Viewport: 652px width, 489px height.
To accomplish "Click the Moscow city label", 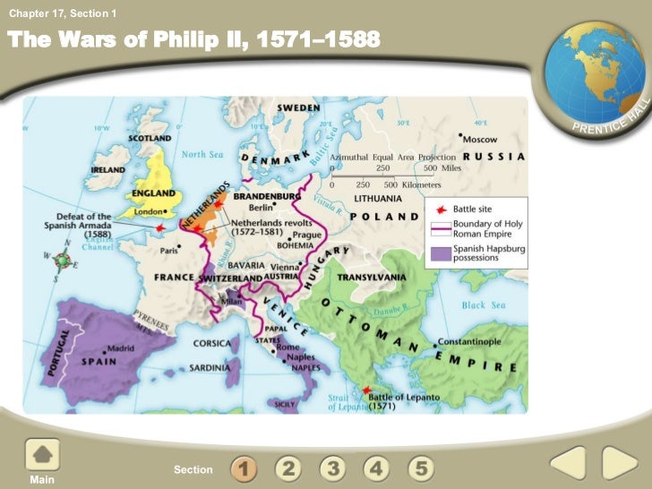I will click(482, 139).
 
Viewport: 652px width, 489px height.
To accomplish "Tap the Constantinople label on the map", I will click(476, 343).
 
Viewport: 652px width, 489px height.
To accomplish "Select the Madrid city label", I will click(123, 347).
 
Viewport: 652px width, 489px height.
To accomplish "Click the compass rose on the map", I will click(63, 262).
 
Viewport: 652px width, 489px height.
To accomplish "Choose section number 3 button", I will click(333, 468).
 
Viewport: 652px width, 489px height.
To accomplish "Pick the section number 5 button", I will click(423, 468).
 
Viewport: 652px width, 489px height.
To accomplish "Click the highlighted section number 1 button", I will click(244, 468).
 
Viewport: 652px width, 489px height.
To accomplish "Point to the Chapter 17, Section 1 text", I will click(63, 13).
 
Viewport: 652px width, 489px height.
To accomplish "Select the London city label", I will click(146, 212).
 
